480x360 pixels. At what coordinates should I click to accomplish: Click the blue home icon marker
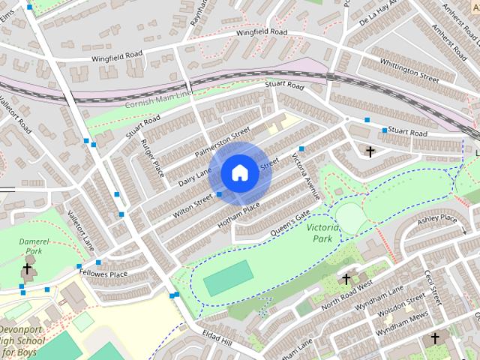238,173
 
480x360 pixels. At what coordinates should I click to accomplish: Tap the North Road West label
347,294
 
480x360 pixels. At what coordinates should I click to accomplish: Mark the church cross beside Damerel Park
28,268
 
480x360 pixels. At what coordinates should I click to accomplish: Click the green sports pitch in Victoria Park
229,278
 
